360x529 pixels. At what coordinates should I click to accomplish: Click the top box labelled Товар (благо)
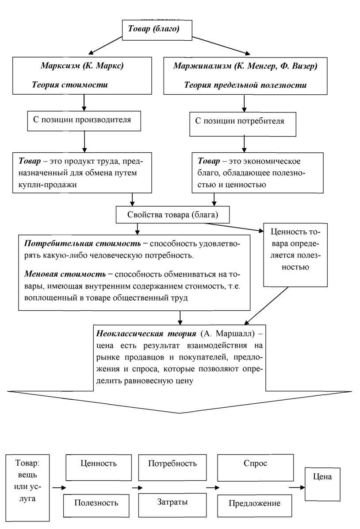click(157, 30)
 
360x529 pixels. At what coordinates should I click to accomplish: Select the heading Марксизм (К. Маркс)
click(82, 66)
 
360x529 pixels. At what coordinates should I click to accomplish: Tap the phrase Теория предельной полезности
click(245, 85)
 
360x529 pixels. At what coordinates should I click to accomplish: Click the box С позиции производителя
click(84, 121)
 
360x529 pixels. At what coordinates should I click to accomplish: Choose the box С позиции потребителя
click(243, 124)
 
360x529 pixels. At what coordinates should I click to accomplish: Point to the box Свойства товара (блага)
click(172, 215)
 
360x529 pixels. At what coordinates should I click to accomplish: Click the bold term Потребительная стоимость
click(82, 243)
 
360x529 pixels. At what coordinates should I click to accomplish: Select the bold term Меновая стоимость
click(65, 274)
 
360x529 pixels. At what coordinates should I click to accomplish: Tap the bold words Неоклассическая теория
click(146, 334)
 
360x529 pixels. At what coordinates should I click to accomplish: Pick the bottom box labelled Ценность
click(99, 467)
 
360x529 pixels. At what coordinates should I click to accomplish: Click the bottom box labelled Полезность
click(96, 506)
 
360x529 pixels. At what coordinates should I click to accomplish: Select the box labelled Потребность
click(172, 467)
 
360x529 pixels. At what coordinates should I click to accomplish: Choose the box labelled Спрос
click(256, 467)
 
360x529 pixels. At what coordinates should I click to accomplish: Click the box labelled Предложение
click(254, 506)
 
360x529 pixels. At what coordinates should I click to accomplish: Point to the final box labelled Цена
click(322, 484)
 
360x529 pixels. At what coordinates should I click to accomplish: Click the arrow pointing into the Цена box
click(297, 487)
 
